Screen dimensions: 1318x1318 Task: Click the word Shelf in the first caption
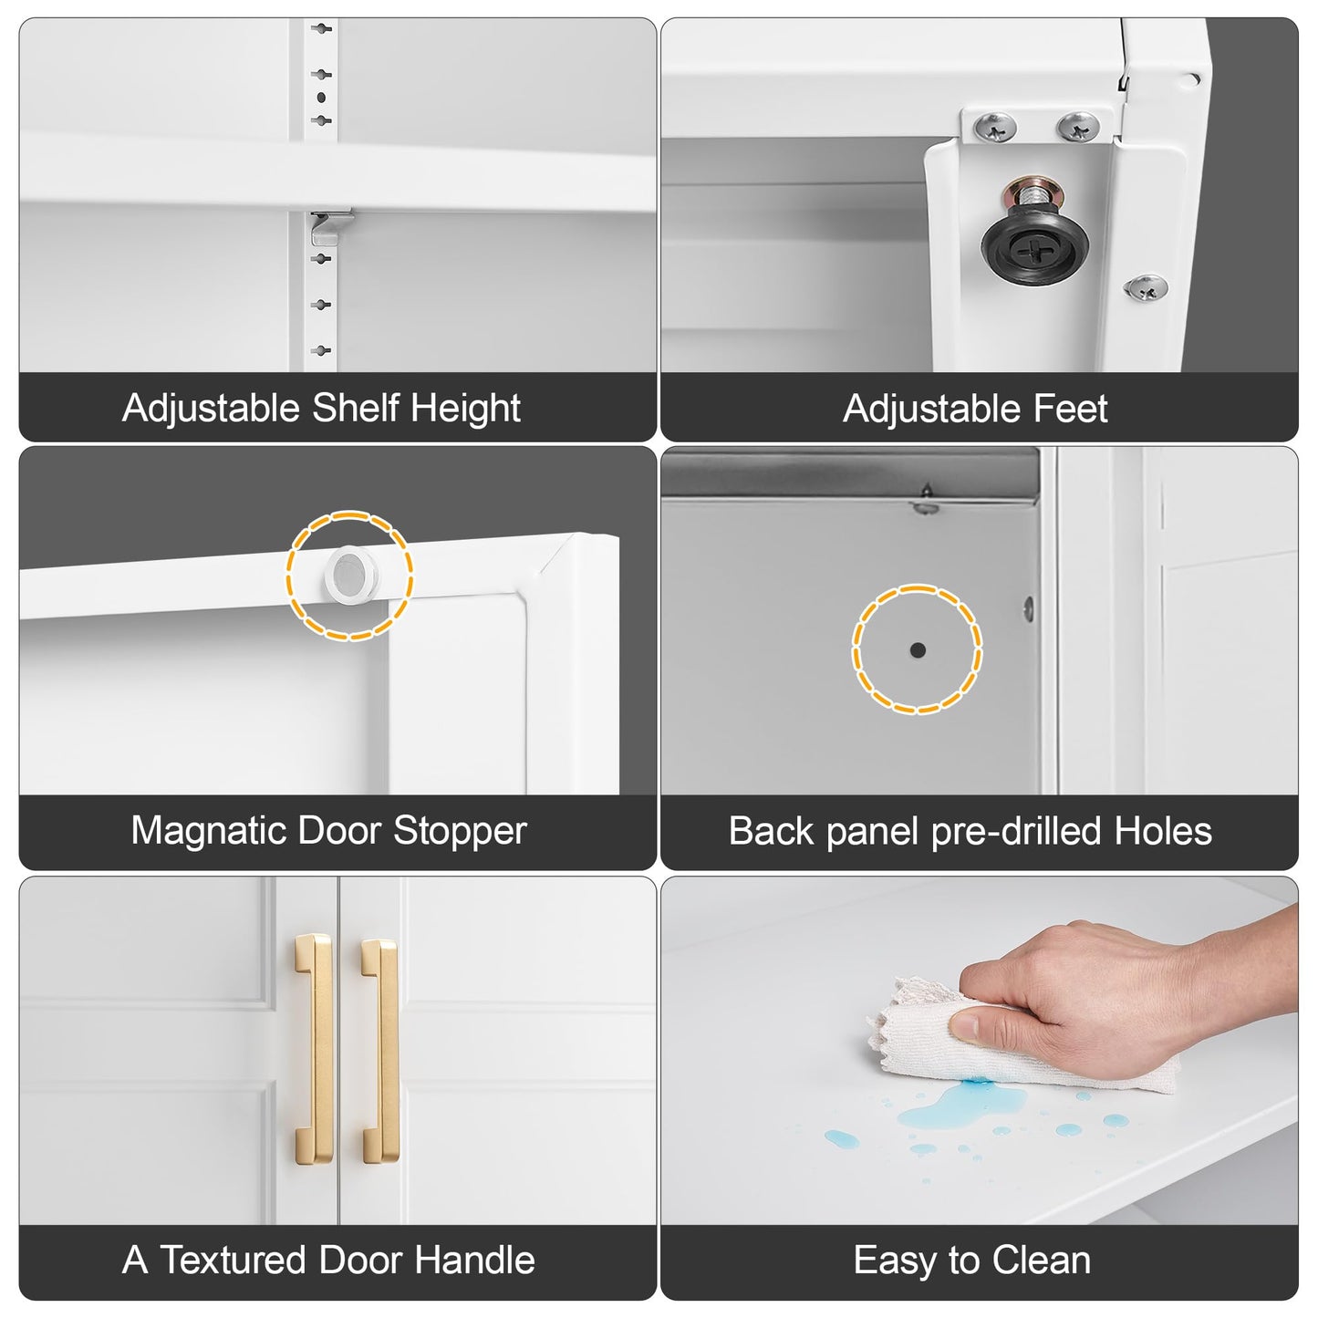click(356, 408)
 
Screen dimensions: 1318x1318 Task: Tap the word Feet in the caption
click(1071, 409)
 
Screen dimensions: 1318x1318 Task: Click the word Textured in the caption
click(233, 1260)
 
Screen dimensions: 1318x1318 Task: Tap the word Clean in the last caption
click(1042, 1260)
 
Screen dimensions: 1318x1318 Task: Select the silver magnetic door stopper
click(351, 576)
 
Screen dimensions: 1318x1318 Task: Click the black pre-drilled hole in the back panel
click(918, 649)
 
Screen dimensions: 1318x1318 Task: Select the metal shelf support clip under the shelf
click(331, 227)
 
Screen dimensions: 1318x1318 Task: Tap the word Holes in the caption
click(1163, 831)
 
